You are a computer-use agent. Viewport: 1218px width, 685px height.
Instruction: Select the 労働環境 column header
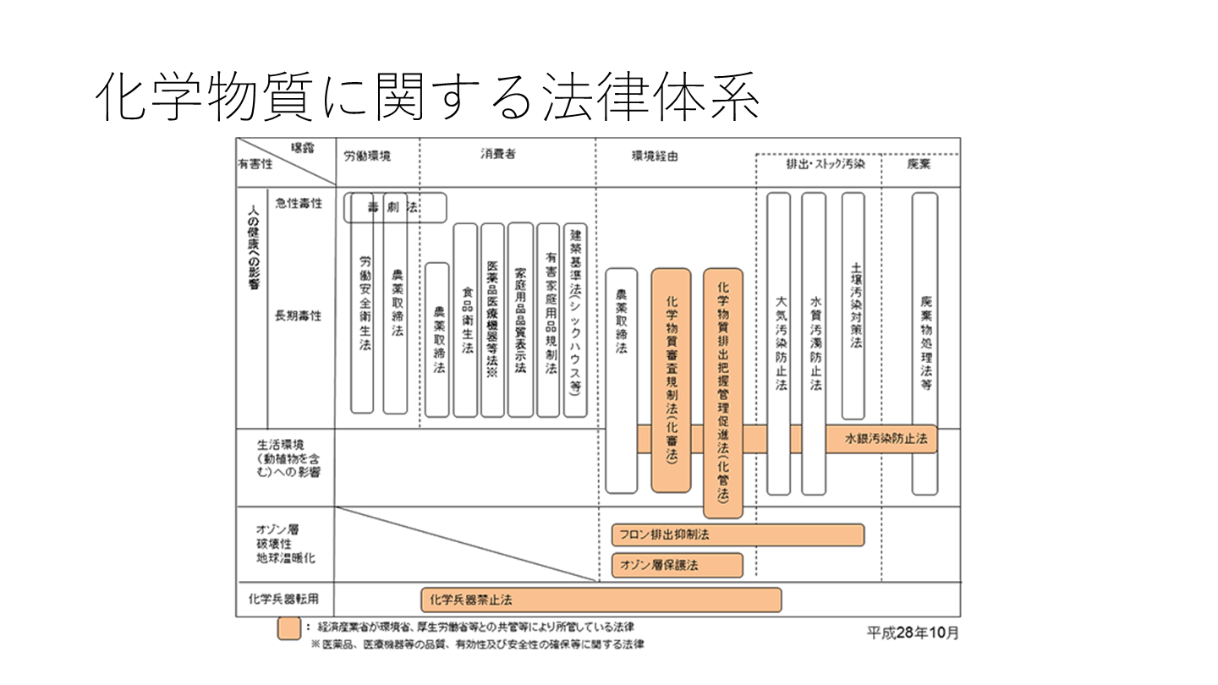pos(367,156)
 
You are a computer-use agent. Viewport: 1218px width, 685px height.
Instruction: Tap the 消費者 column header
pos(499,154)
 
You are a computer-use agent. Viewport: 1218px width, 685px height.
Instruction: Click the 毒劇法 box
pos(395,208)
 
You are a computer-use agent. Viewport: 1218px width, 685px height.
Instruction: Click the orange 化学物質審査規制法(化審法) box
pos(671,380)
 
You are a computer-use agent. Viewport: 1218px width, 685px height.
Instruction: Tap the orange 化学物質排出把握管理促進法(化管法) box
pos(723,392)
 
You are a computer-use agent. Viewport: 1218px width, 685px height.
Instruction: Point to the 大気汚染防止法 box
pos(779,342)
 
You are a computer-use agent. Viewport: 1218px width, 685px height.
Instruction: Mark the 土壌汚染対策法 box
pos(853,305)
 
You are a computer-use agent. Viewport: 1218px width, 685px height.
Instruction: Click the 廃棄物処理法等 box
pos(924,342)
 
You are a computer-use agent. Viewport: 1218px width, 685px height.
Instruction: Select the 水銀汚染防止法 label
pos(885,439)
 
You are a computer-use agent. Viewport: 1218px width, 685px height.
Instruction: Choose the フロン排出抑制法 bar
pos(737,535)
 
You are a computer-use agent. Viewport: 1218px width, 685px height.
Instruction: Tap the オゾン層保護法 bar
pos(677,565)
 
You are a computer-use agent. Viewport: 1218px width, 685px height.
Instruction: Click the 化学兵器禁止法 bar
pos(601,600)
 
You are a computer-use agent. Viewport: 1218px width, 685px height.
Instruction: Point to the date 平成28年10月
pos(913,633)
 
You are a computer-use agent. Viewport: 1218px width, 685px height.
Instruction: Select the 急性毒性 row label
pos(299,203)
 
